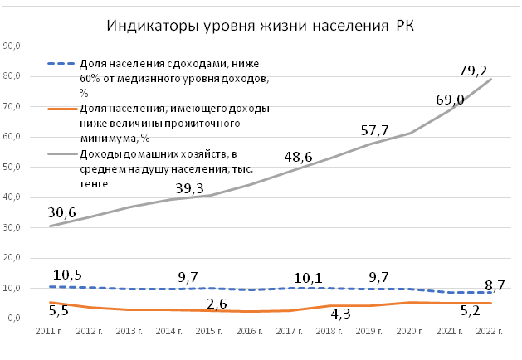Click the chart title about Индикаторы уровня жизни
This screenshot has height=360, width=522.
click(261, 24)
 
